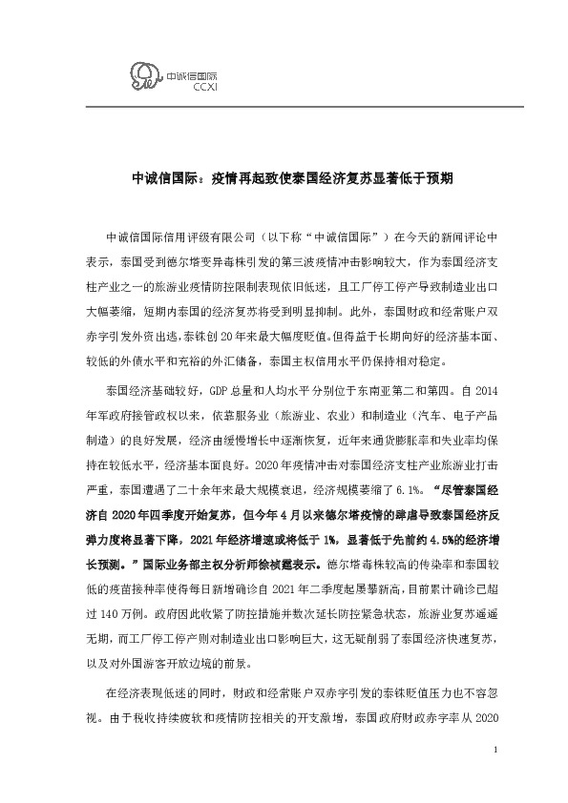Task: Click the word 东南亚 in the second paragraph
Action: click(384, 390)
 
